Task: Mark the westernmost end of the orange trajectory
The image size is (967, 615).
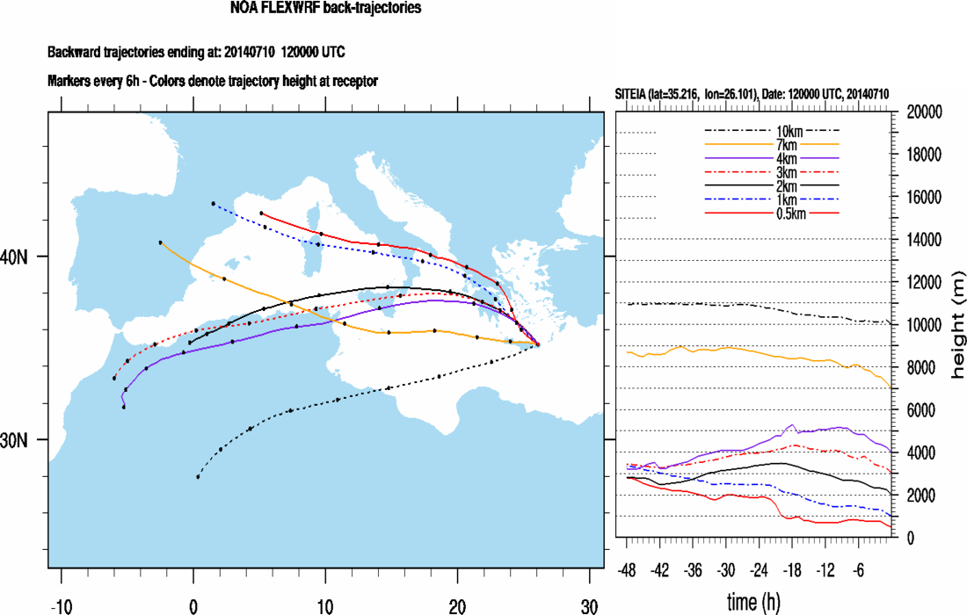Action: click(x=160, y=242)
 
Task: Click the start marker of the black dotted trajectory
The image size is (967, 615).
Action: click(x=198, y=477)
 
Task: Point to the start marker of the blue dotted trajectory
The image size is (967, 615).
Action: click(x=213, y=204)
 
